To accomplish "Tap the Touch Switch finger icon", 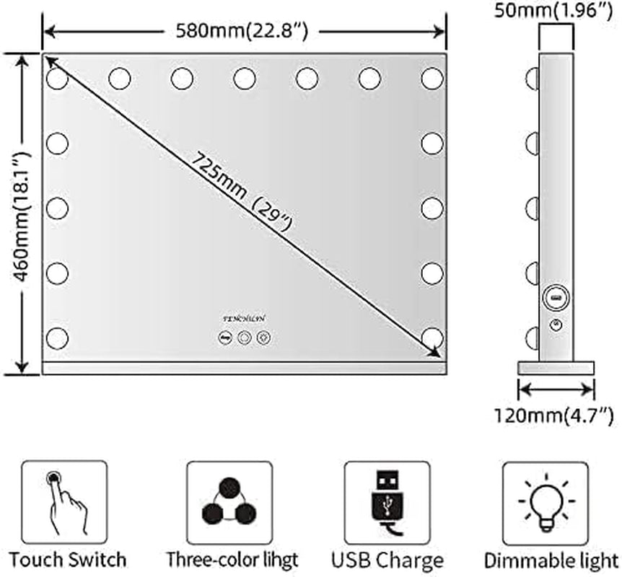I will coord(64,503).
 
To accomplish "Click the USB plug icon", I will coord(386,503).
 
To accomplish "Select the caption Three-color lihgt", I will coord(231,559).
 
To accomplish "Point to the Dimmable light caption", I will coord(550,559).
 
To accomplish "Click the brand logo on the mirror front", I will coord(244,316).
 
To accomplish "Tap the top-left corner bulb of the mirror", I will coord(57,77).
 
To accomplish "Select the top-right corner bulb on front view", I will coord(432,77).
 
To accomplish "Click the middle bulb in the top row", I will coord(245,77).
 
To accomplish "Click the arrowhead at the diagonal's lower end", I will coord(435,351).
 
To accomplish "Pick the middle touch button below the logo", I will coord(244,336).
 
